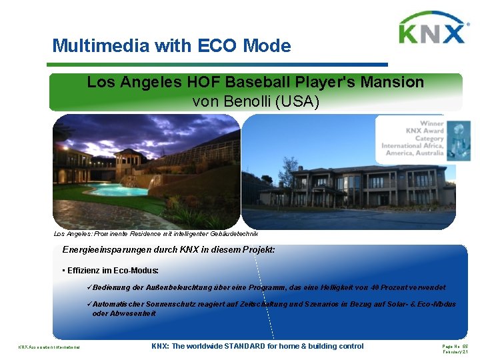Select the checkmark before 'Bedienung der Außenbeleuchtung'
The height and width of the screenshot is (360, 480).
[x=91, y=287]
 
